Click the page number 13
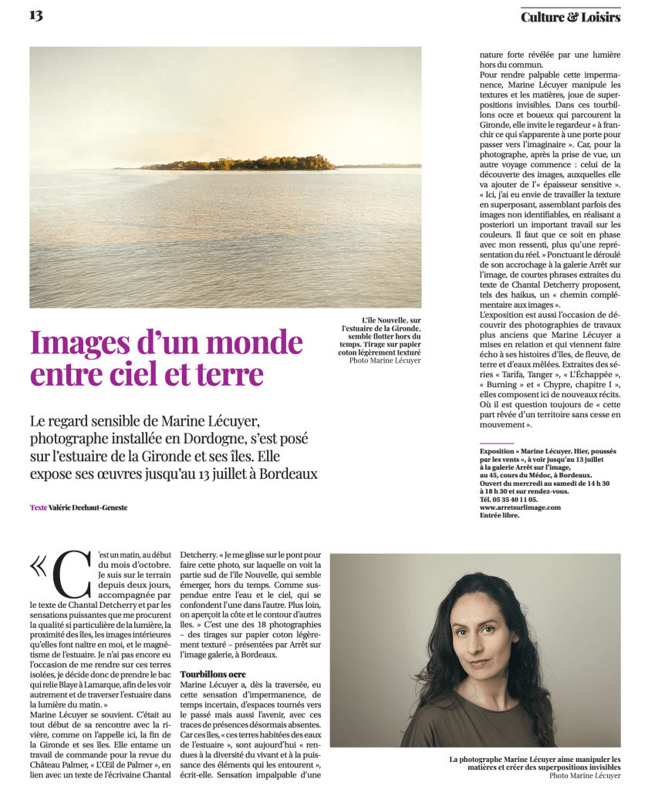click(36, 15)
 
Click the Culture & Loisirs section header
click(570, 17)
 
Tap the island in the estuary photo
click(248, 163)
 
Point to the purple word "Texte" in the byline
click(38, 507)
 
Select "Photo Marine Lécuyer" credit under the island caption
click(385, 360)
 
